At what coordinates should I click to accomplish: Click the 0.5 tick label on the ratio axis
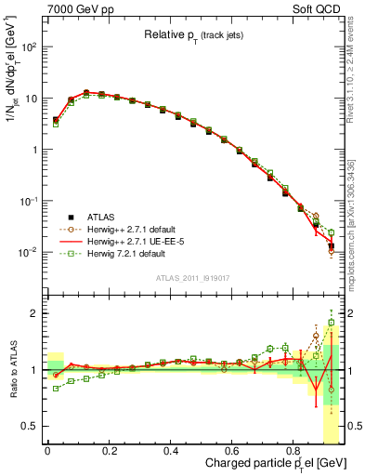[32, 426]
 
